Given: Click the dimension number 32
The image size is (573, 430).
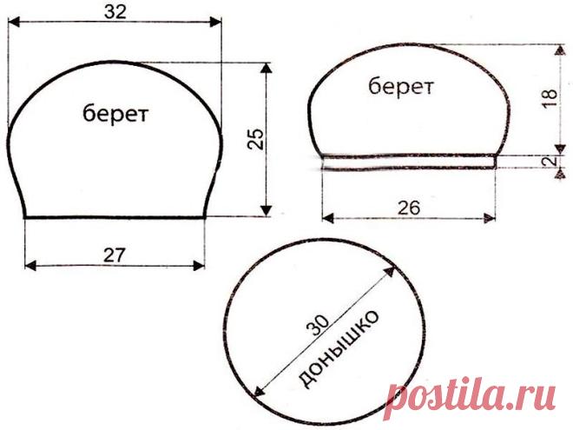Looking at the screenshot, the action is pyautogui.click(x=115, y=11).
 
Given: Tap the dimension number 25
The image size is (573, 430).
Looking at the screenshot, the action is pyautogui.click(x=255, y=139).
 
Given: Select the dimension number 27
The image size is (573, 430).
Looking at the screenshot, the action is pyautogui.click(x=115, y=255).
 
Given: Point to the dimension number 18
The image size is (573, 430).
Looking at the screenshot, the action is pyautogui.click(x=550, y=97).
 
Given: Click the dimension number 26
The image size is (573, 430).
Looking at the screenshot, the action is pyautogui.click(x=409, y=208).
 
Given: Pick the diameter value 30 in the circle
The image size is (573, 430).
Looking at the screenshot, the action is pyautogui.click(x=319, y=325).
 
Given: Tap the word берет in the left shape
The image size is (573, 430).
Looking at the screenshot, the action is pyautogui.click(x=115, y=114).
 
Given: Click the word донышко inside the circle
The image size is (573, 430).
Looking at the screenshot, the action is pyautogui.click(x=338, y=349).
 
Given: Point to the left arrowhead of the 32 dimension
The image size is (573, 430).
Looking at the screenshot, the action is pyautogui.click(x=13, y=23).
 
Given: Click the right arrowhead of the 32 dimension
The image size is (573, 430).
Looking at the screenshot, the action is pyautogui.click(x=216, y=23).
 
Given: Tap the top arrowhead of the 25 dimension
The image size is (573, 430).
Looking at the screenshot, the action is pyautogui.click(x=267, y=68).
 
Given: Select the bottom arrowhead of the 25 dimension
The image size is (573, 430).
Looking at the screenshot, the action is pyautogui.click(x=267, y=210).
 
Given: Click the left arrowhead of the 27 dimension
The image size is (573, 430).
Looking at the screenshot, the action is pyautogui.click(x=30, y=266).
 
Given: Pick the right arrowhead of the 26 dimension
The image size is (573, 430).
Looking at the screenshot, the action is pyautogui.click(x=490, y=219).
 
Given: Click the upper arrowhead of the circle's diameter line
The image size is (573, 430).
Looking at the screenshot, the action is pyautogui.click(x=390, y=273).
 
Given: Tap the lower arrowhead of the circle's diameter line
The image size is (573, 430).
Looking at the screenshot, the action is pyautogui.click(x=259, y=391).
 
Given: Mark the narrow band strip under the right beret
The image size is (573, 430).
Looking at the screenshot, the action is pyautogui.click(x=409, y=162).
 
